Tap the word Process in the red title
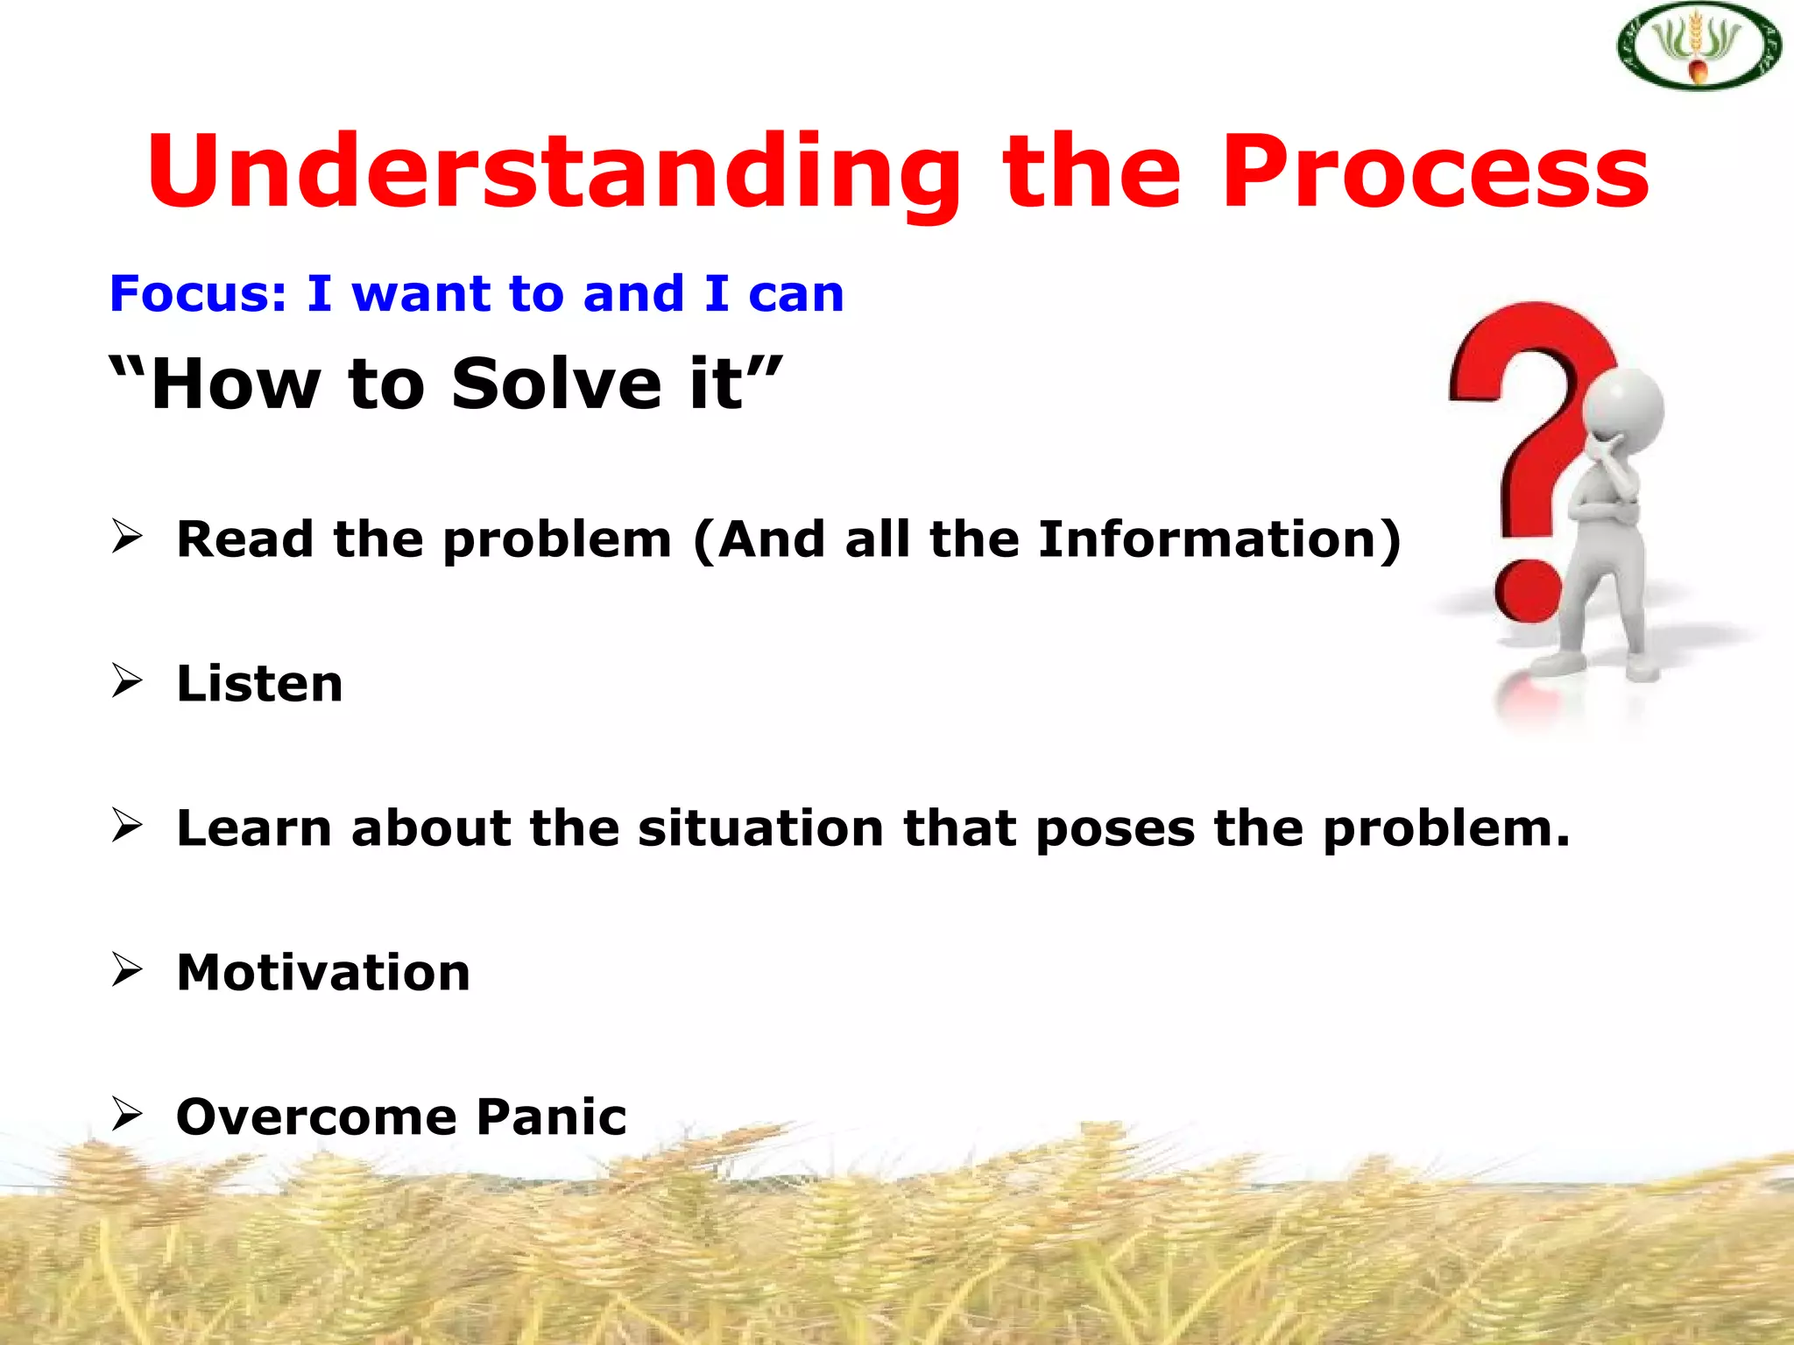(x=1436, y=172)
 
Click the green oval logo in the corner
(x=1699, y=47)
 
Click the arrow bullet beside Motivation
(x=127, y=969)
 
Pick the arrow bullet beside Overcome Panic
(x=127, y=1114)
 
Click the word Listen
(x=259, y=683)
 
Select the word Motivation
(x=323, y=972)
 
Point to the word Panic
(x=552, y=1116)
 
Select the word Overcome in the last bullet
(x=316, y=1116)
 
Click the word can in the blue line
(x=796, y=294)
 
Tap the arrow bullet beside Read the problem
(x=127, y=536)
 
